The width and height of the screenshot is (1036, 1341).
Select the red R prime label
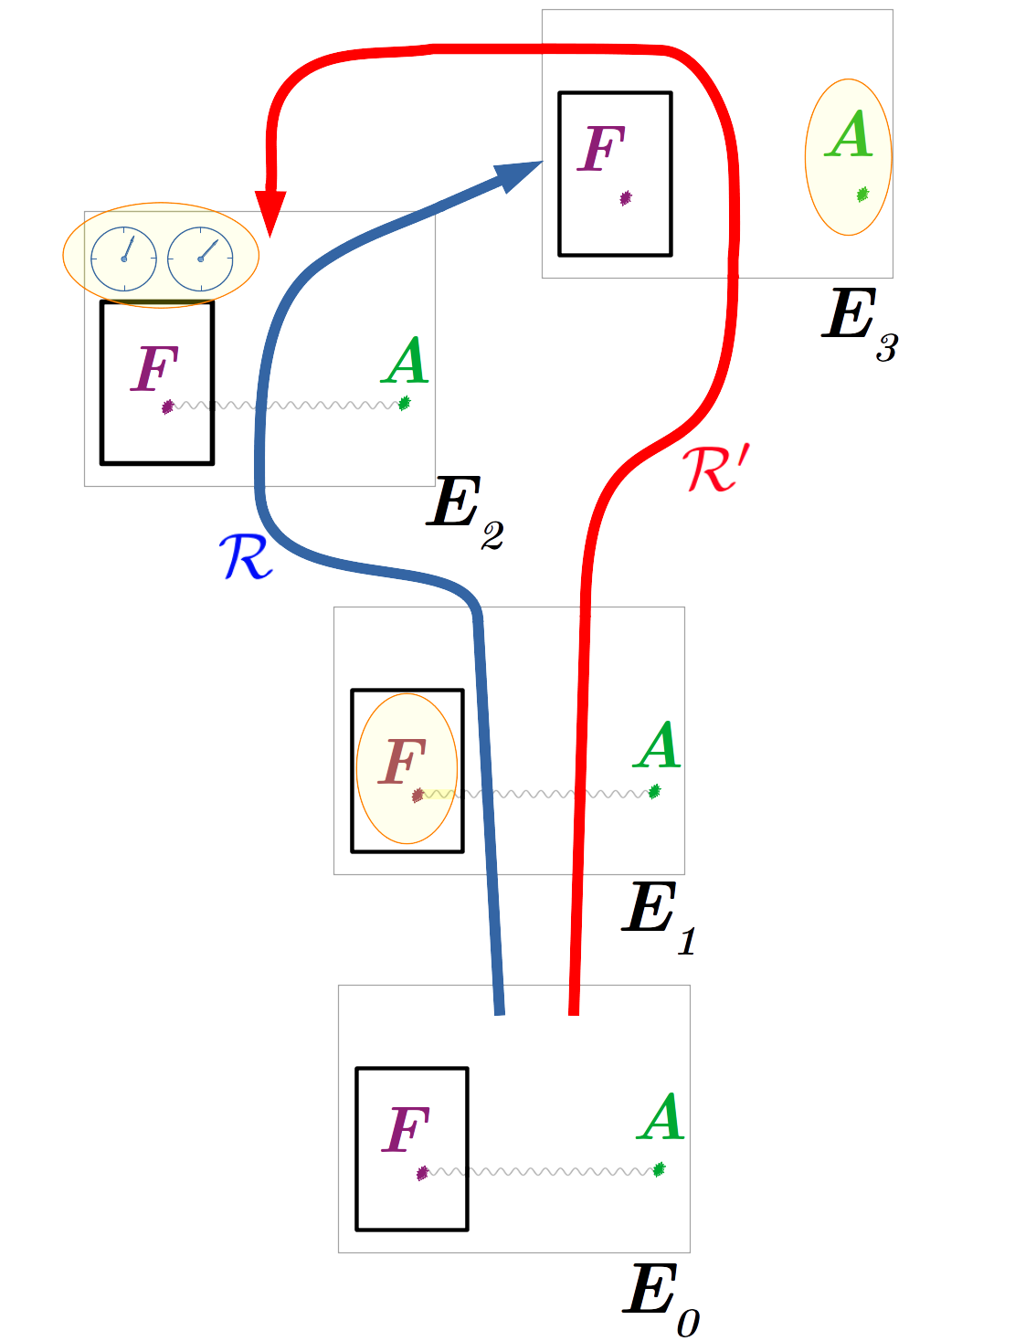[x=715, y=470]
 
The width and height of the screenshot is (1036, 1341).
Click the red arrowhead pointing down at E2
[x=270, y=213]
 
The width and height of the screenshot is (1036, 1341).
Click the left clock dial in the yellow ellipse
[x=124, y=259]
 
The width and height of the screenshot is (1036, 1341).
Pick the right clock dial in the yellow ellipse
[x=201, y=259]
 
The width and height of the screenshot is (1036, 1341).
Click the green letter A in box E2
[x=406, y=361]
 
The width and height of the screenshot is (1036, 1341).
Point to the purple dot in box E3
[x=626, y=198]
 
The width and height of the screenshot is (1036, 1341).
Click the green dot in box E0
[x=659, y=1169]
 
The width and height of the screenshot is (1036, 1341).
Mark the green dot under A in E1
[x=654, y=792]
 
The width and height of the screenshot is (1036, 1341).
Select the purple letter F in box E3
[x=602, y=149]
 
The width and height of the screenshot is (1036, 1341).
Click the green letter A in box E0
[x=661, y=1117]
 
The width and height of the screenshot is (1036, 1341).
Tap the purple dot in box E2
[x=167, y=407]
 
